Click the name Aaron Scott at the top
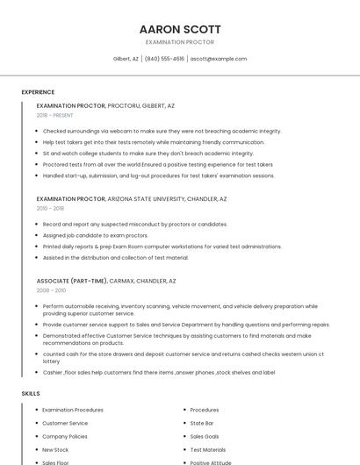point(180,29)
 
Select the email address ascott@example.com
point(219,59)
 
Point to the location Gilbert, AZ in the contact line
point(126,59)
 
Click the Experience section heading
point(38,92)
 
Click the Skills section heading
point(31,394)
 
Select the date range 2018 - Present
point(54,115)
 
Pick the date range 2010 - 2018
point(50,209)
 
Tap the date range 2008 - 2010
point(51,290)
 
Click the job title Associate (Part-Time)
point(71,281)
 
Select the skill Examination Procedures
point(73,410)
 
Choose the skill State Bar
point(202,423)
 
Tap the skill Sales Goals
point(205,436)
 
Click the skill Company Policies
point(65,436)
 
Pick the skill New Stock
point(55,449)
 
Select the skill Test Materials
point(208,449)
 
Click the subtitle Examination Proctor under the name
point(180,42)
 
